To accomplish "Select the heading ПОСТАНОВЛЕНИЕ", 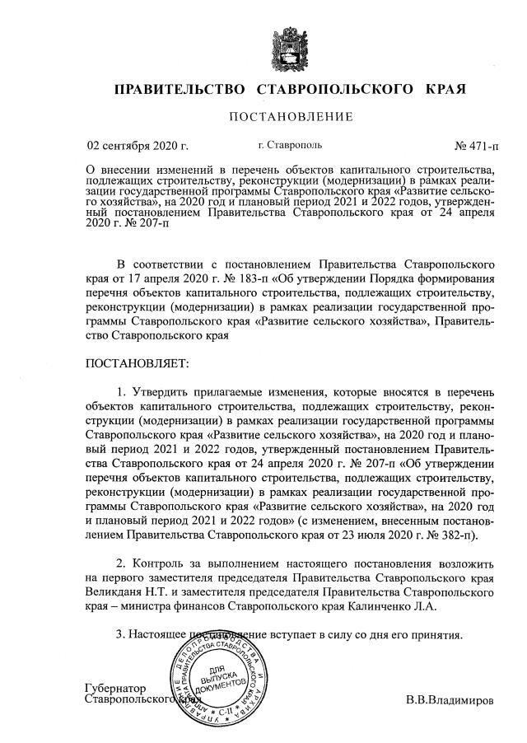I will pyautogui.click(x=291, y=117).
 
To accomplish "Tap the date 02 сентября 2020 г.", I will pyautogui.click(x=138, y=147).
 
